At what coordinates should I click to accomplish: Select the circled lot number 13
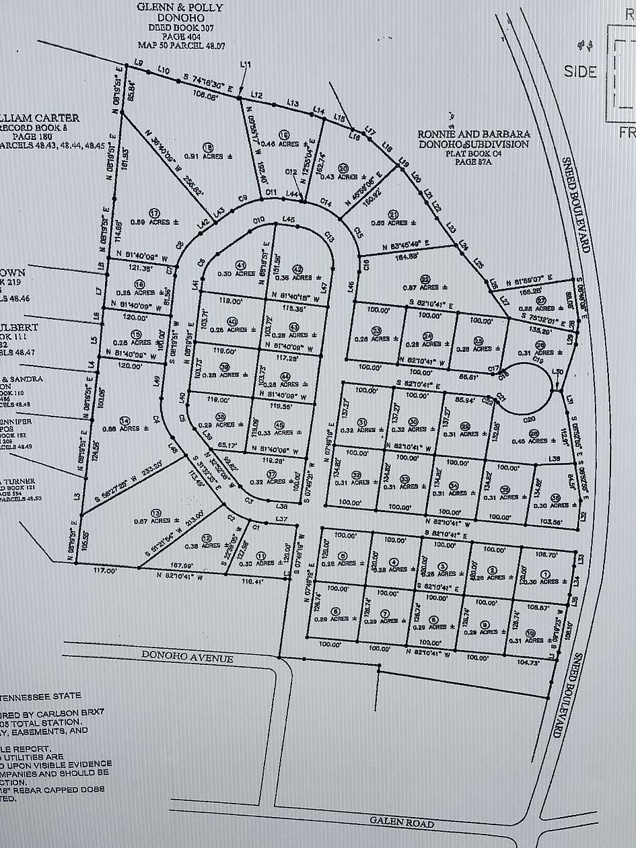[156, 511]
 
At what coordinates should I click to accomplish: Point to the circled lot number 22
[425, 279]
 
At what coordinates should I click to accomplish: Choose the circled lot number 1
[545, 573]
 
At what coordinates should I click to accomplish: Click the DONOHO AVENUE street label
[187, 656]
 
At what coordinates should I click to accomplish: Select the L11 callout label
[246, 65]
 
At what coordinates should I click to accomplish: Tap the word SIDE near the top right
[580, 71]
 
